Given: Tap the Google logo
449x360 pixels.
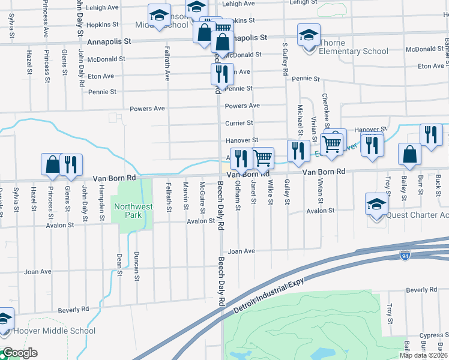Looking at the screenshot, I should pos(19,353).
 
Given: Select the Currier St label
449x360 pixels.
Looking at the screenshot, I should pos(238,123).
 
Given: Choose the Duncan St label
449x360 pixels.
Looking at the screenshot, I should pos(137,266).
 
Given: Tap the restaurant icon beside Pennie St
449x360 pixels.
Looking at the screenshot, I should pos(222,74).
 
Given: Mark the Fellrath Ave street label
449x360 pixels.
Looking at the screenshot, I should pos(167,64).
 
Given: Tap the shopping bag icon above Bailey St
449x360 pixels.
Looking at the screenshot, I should pos(409,154).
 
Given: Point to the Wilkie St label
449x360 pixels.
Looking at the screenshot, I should pos(271,192).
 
